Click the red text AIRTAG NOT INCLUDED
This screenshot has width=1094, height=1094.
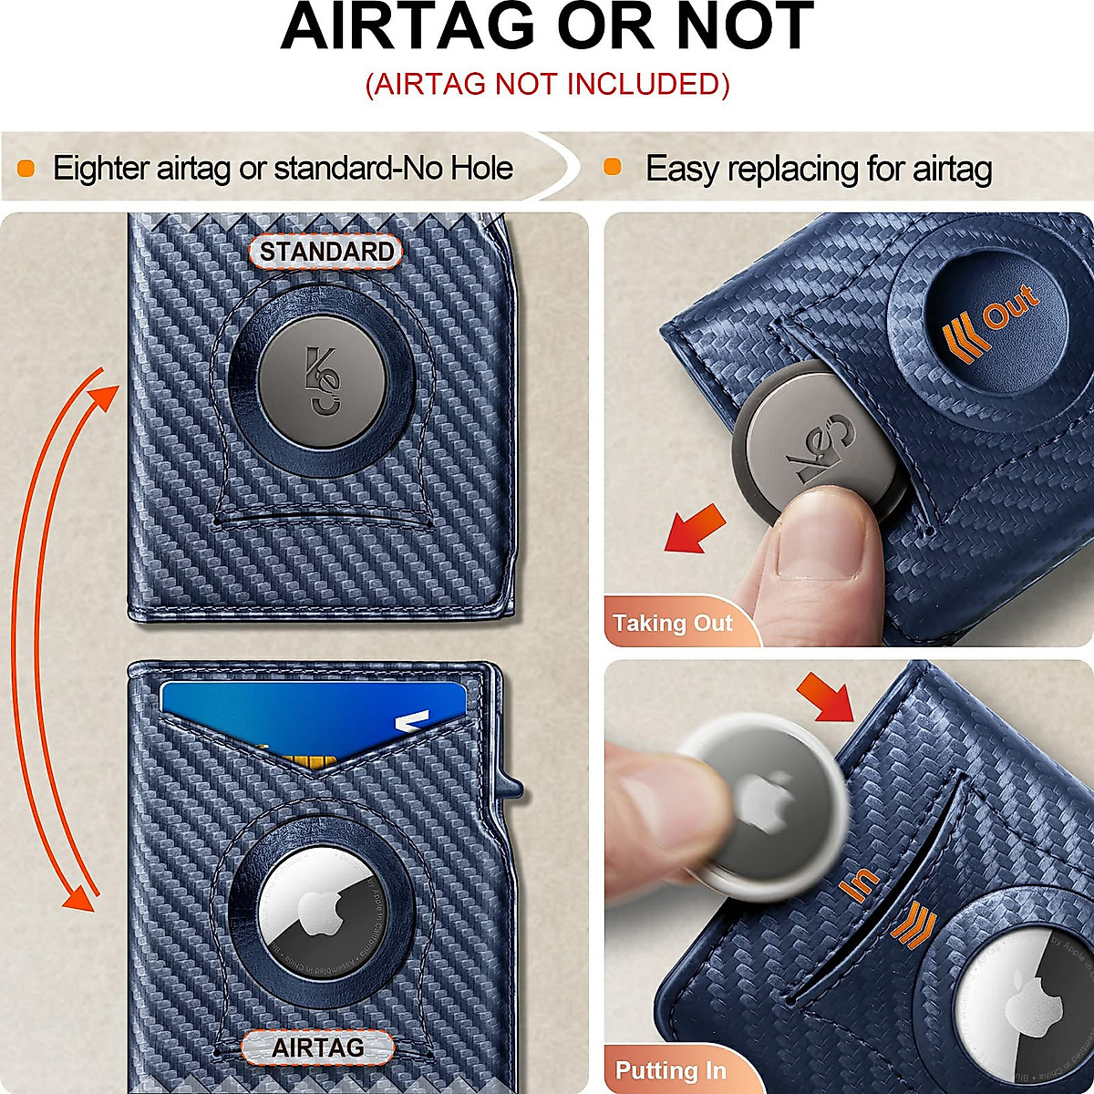coord(547,84)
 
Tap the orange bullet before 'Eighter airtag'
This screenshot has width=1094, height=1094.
coord(26,169)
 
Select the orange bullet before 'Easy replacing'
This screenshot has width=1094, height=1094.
coord(613,167)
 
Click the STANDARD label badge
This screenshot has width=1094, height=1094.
coord(326,253)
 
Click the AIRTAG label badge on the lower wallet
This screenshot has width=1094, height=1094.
coord(317,1048)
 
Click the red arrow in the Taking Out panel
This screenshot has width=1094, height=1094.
coord(695,531)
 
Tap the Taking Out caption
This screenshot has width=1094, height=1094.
coord(673,624)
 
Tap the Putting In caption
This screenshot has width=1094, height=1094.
coord(671,1070)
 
